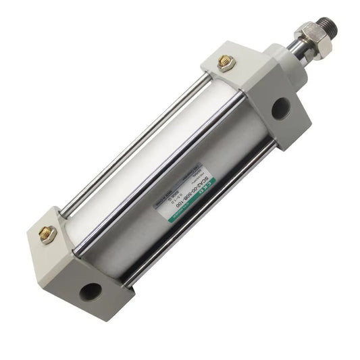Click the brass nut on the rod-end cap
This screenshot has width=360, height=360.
point(224,62)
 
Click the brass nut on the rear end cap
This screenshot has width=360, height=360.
point(47,234)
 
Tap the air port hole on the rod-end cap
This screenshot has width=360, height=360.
point(280,108)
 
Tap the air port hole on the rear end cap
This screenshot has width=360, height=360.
point(90,291)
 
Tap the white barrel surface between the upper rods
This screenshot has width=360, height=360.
point(155,149)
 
